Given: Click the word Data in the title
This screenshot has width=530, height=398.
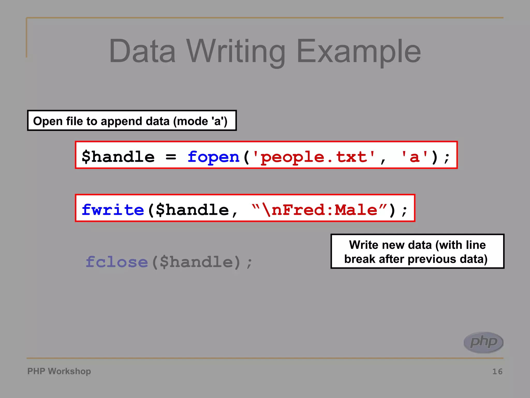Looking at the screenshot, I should click(142, 51).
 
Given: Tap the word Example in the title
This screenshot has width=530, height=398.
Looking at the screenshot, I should click(358, 51).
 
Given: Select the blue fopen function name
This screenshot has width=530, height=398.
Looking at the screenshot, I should click(214, 157).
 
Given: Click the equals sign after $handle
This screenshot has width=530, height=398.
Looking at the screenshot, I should click(171, 157).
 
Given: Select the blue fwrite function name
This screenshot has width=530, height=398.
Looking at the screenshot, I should click(113, 210).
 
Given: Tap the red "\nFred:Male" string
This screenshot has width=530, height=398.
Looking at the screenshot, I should click(319, 210).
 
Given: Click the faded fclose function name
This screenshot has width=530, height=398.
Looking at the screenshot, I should click(117, 262).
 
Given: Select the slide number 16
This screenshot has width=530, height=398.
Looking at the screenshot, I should click(497, 372).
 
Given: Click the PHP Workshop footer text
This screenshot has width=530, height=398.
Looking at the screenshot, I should click(59, 371).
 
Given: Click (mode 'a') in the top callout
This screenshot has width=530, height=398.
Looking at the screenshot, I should click(200, 121).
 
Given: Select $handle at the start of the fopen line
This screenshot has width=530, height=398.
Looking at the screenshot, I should click(118, 157).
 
